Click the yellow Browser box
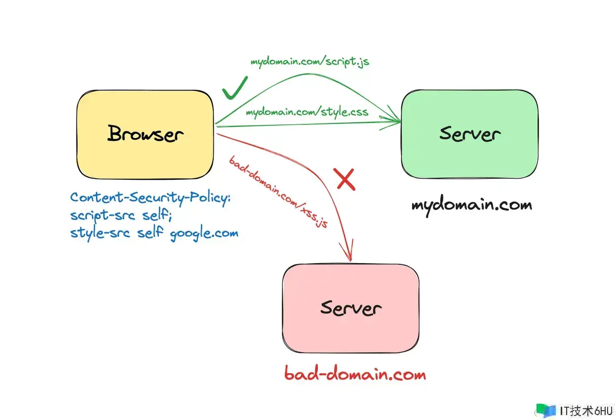145,135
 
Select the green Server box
470,134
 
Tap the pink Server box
351,308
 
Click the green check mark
234,88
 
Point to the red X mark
345,179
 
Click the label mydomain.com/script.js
310,61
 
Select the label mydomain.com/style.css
307,112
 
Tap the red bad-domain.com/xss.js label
278,191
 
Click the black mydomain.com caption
472,205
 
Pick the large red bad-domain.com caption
355,373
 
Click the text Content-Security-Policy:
150,198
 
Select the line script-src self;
121,215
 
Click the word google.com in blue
204,233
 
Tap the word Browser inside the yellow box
146,133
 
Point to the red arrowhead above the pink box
347,250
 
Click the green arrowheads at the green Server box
390,118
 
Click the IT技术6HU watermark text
586,411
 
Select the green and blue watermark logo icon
546,411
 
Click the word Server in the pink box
351,308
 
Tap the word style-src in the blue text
100,233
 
